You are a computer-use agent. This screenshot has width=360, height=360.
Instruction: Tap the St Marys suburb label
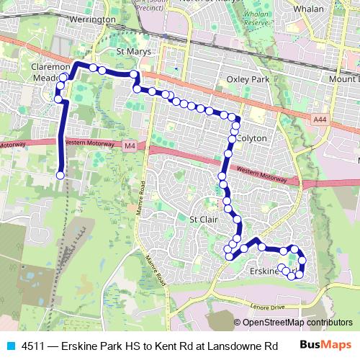coord(130,53)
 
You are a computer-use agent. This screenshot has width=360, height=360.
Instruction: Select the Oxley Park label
coord(247,78)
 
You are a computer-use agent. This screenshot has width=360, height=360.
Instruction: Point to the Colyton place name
coord(251,138)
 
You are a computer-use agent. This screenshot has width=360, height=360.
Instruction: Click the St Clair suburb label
coord(203,219)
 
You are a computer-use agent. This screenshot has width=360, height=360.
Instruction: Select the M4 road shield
coord(129,147)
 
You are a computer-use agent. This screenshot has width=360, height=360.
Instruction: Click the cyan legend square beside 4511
coord(9,346)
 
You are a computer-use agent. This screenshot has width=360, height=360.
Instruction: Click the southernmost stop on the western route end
coord(60,175)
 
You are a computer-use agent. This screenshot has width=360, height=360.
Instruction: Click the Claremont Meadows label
coord(48,73)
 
